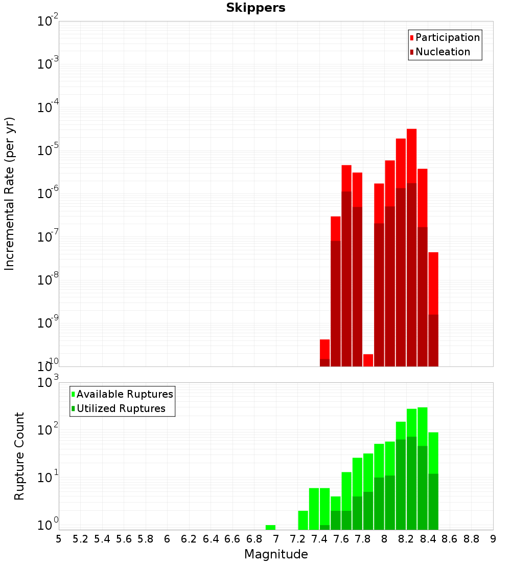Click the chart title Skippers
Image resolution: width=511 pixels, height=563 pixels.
point(255,8)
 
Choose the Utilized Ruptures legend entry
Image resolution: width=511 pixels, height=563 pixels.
point(121,408)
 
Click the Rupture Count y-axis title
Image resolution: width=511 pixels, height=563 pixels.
point(19,456)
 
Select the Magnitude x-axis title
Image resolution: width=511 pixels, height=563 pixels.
point(276,554)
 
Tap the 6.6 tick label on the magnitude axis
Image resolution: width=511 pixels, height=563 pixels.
point(233,539)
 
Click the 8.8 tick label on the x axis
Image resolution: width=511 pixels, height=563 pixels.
point(471,539)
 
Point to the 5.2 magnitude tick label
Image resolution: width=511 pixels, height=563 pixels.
point(80,539)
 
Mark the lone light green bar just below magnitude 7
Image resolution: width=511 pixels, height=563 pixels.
point(270,527)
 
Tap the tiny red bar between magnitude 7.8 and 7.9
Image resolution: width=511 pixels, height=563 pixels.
point(368,360)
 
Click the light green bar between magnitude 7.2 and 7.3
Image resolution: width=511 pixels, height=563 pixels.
point(303,519)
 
